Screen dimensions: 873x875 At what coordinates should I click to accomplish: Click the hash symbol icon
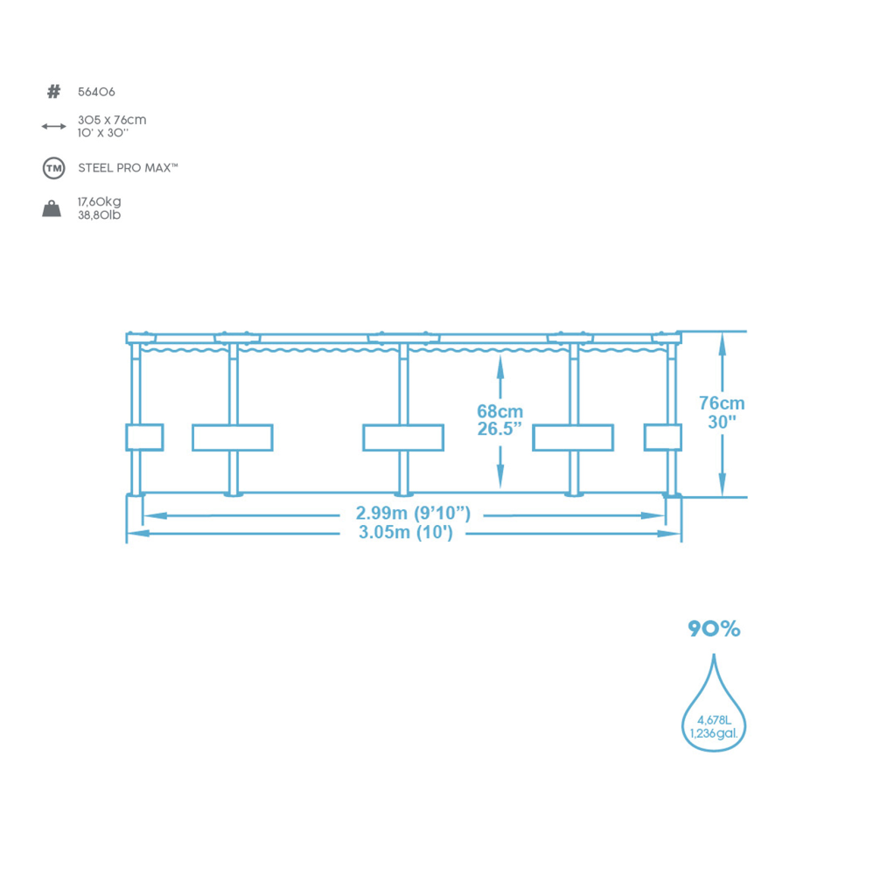coord(53,92)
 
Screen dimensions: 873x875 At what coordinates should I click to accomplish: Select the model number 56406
coord(96,92)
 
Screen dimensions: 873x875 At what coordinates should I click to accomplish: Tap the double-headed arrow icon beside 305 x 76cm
coord(53,127)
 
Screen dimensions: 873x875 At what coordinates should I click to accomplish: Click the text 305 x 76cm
coord(112,120)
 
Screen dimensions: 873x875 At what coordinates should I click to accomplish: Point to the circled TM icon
coord(54,168)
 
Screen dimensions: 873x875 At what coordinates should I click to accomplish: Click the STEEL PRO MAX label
coord(128,168)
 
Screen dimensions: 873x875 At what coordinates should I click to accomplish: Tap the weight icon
coord(52,209)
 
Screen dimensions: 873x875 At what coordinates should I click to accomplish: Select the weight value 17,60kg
coord(100,202)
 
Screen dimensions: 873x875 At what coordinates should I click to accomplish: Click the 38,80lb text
coord(100,215)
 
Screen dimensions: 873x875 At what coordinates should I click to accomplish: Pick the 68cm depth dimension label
coord(499,412)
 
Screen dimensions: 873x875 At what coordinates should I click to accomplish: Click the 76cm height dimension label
coord(722,403)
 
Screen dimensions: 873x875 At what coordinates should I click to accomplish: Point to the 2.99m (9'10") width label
coord(414,514)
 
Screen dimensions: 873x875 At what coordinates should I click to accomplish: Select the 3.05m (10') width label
coord(406,532)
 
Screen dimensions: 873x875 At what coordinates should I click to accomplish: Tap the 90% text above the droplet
coord(714,629)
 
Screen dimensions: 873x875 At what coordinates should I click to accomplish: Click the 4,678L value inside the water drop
coord(714,720)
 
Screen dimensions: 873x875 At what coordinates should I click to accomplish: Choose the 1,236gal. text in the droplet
coord(714,734)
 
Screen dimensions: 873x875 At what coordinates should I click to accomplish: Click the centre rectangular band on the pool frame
coord(403,437)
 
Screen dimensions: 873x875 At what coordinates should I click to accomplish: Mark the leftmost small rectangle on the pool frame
coord(144,437)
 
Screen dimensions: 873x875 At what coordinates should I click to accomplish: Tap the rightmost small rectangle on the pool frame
coord(663,437)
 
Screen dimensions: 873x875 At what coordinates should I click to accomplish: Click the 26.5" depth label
coord(499,429)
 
